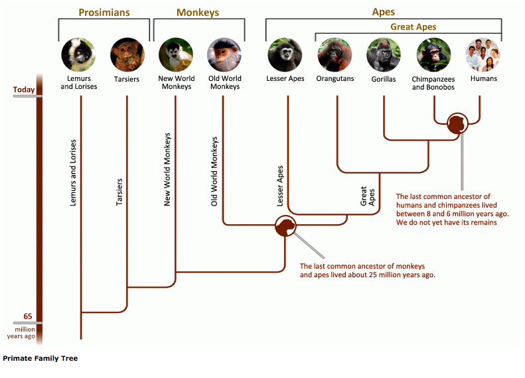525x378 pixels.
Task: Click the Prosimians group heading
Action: point(104,13)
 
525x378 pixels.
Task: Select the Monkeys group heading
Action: point(198,13)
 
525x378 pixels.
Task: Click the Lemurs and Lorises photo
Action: point(80,55)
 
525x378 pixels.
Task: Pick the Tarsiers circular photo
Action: point(127,55)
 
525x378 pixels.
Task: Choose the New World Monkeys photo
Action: point(176,55)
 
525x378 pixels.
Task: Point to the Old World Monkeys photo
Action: point(224,55)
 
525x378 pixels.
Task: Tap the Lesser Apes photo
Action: point(285,55)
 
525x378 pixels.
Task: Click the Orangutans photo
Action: point(335,55)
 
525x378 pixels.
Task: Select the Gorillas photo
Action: point(384,55)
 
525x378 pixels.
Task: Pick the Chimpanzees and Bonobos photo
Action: point(433,55)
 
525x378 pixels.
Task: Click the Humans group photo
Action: point(483,55)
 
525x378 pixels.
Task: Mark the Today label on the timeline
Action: point(24,90)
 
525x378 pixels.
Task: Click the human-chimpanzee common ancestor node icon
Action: point(457,124)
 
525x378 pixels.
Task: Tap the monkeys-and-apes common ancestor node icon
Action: point(285,227)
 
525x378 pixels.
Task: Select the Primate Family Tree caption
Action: point(40,359)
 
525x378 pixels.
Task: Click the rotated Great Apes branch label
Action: point(368,197)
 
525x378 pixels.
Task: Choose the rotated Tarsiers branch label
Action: point(120,191)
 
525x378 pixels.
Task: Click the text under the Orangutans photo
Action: point(336,79)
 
